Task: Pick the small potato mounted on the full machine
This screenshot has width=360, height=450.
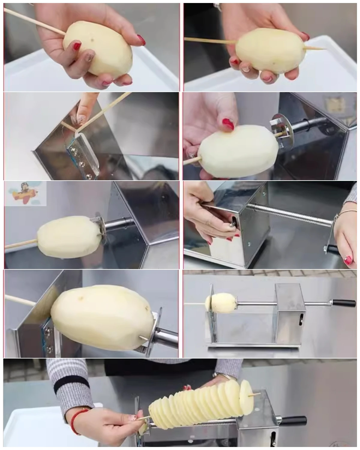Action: [x=220, y=303]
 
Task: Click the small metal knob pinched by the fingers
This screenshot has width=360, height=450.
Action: [x=232, y=223]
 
